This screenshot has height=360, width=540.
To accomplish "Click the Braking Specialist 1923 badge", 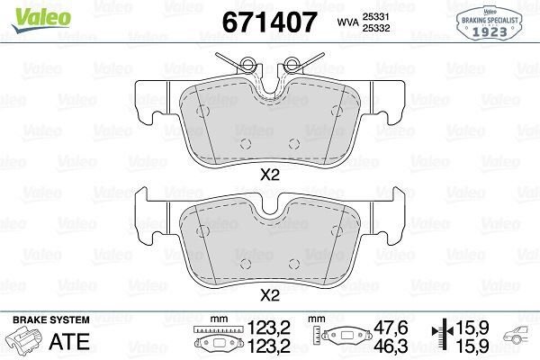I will (490, 21).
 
